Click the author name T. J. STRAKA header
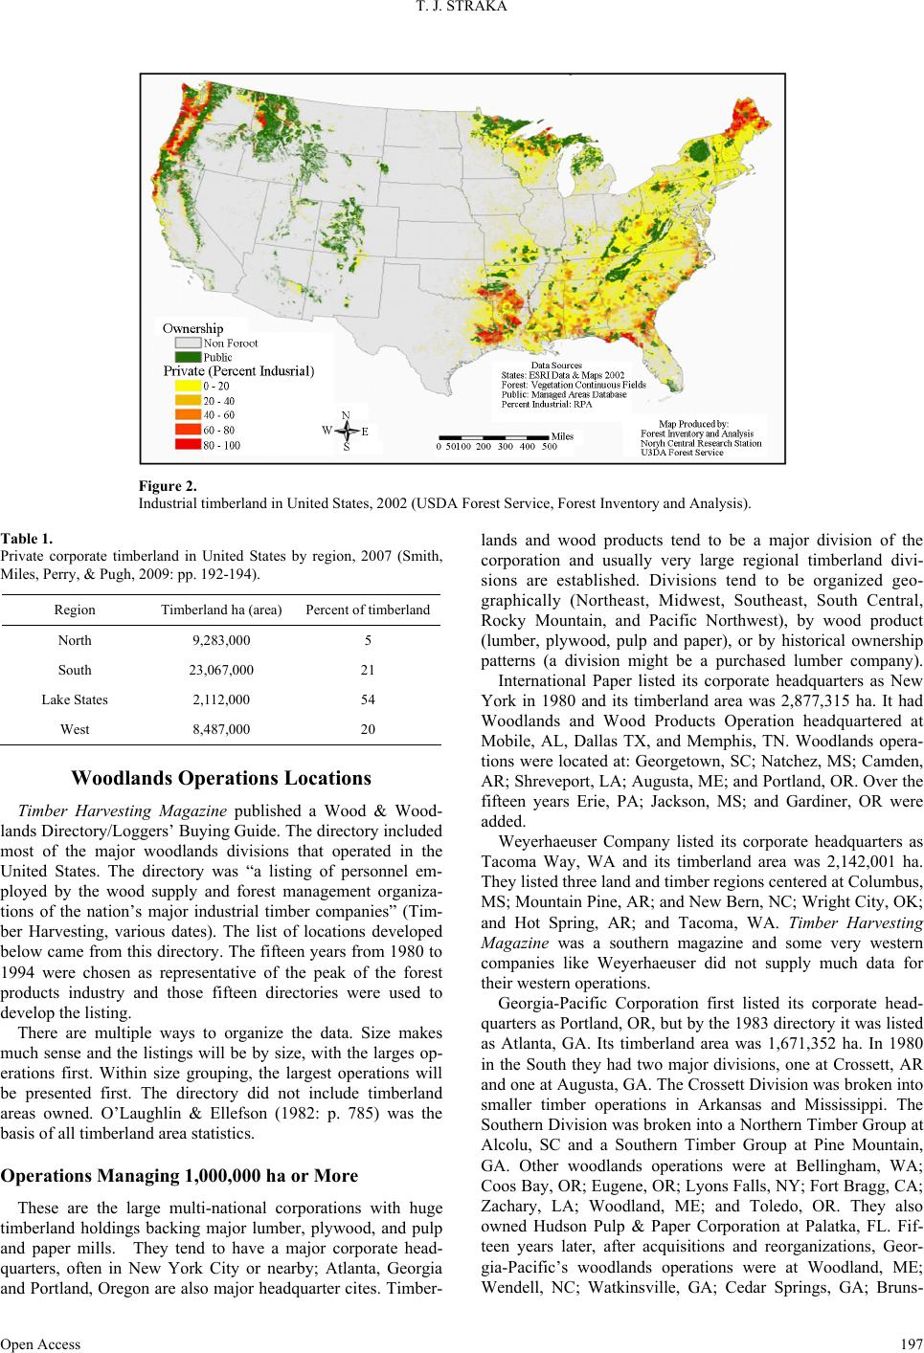(462, 11)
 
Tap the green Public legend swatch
(187, 357)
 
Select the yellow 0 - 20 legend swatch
(187, 385)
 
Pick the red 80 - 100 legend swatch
(187, 445)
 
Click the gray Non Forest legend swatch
(187, 343)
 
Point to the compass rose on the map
(345, 431)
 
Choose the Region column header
(75, 610)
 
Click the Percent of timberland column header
(368, 610)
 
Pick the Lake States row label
(75, 699)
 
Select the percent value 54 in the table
(368, 699)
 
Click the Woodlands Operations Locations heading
(221, 777)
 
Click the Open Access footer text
(40, 1342)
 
